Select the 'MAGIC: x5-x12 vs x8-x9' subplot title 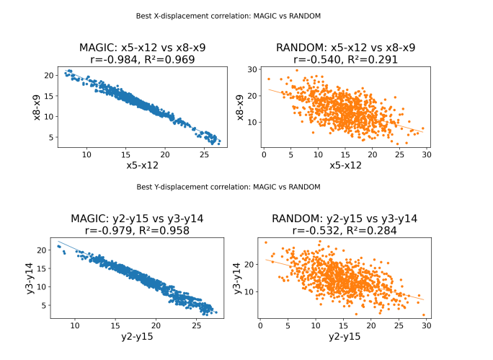(x=138, y=48)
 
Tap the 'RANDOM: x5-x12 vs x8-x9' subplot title (x=346, y=48)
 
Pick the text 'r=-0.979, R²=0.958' (x=138, y=231)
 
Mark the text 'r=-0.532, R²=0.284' (x=346, y=231)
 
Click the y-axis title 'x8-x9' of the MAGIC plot (x=35, y=107)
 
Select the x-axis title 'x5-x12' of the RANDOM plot (x=346, y=165)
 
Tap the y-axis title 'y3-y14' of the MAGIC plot (x=35, y=278)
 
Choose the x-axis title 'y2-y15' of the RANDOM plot (x=346, y=337)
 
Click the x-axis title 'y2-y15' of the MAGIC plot (x=138, y=337)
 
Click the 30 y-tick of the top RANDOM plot (x=252, y=69)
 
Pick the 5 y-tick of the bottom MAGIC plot (x=46, y=305)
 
